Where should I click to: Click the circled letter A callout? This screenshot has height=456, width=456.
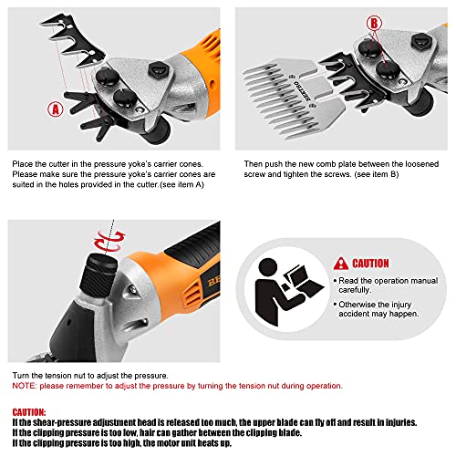point(56,109)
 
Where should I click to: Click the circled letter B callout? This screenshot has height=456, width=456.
point(374,23)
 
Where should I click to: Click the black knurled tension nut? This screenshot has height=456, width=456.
point(98,275)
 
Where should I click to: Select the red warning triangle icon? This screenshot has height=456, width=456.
point(341,264)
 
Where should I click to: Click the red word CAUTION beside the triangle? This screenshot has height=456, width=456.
point(370,264)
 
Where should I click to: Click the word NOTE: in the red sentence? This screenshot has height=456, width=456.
point(25,386)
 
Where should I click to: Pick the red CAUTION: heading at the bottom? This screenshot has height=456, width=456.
point(29,412)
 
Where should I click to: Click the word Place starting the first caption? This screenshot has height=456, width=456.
point(23,164)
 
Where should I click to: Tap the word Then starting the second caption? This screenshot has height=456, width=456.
point(254,164)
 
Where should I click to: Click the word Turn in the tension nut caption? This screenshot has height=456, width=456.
point(21,376)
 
